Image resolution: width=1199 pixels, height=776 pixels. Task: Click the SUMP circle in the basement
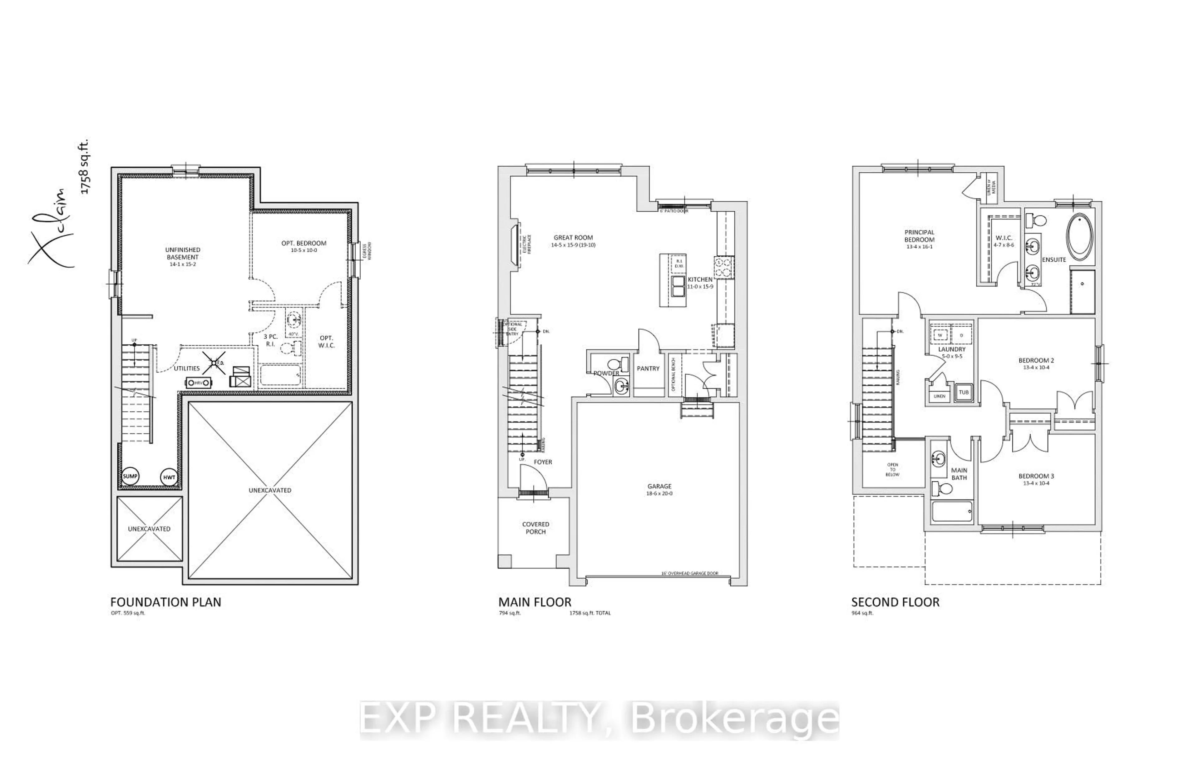coord(130,476)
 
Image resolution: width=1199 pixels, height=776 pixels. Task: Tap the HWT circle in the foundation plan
coord(169,477)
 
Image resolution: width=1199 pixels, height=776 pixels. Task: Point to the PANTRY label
coord(648,369)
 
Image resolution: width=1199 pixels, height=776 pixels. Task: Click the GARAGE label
coord(659,486)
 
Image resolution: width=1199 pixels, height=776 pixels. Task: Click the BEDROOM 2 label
coord(1036,360)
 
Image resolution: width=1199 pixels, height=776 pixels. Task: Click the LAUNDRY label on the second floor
coord(952,349)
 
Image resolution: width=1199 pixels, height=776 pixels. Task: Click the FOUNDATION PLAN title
coord(166,602)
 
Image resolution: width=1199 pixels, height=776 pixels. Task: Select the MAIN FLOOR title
coord(535,602)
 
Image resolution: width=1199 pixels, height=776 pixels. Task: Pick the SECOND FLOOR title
coord(895,602)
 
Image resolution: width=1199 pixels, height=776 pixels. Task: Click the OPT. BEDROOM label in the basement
coord(304,243)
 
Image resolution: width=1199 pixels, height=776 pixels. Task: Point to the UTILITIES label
coord(187,368)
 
